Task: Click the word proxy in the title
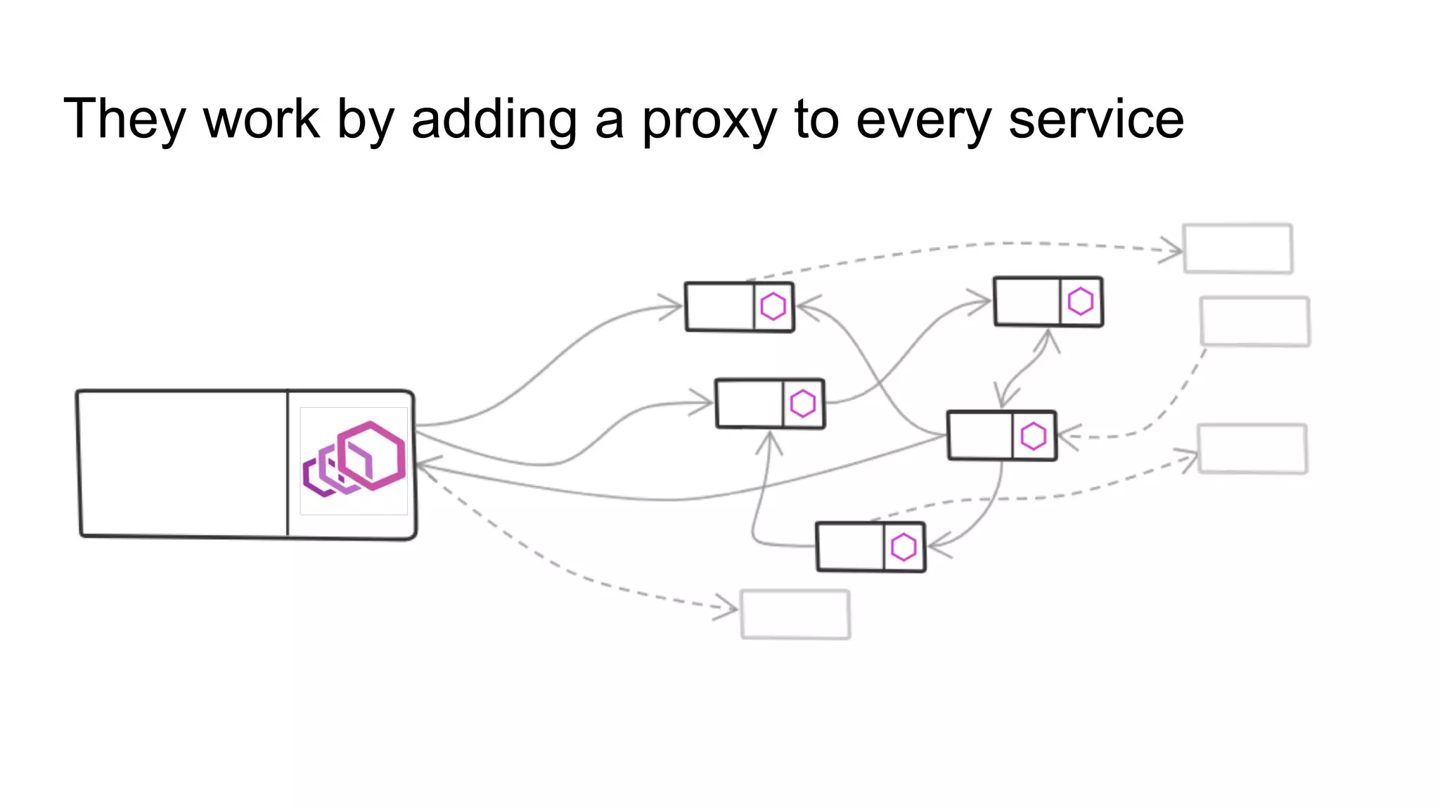(x=709, y=121)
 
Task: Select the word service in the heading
(x=1096, y=120)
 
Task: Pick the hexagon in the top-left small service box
(x=773, y=307)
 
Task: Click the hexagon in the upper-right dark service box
(x=1080, y=302)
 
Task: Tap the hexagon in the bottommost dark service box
(x=904, y=547)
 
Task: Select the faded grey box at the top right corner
(x=1237, y=248)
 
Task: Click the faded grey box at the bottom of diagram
(x=795, y=614)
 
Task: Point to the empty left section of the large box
(x=183, y=463)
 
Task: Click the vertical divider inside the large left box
(x=288, y=463)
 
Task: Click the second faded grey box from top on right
(x=1254, y=321)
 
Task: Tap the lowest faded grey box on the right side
(x=1252, y=449)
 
